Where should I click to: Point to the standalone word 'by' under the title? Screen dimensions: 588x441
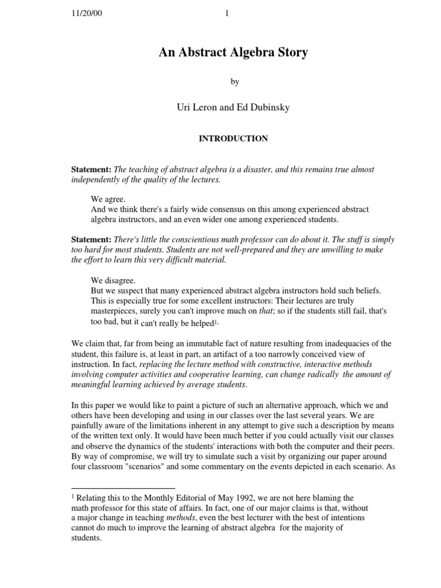coord(234,82)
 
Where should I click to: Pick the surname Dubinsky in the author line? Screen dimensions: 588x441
coord(270,108)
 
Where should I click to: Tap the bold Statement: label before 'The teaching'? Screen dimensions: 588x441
coord(91,170)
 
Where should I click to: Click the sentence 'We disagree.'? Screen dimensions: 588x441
coord(113,280)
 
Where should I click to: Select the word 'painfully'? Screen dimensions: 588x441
coord(87,424)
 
